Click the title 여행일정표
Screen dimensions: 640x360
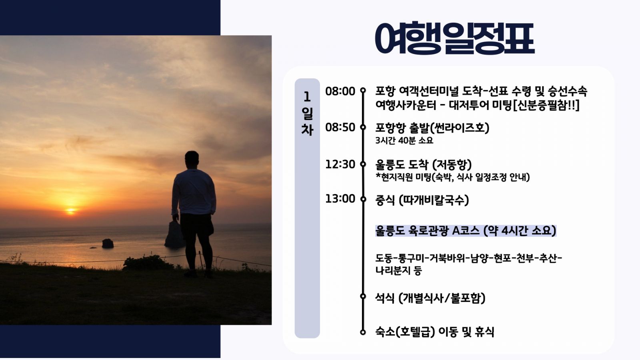[454, 38]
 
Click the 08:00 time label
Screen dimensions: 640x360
[340, 92]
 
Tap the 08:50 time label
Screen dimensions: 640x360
[340, 128]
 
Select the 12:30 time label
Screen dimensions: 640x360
[340, 164]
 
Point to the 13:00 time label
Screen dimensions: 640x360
[340, 199]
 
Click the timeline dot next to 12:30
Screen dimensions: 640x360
[363, 164]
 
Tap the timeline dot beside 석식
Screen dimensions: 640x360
[363, 296]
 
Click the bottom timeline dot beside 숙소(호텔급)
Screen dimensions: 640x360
[363, 332]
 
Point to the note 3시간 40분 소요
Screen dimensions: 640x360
[404, 140]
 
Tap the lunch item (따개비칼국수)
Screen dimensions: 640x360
[434, 200]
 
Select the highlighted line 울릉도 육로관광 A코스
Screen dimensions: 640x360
[427, 231]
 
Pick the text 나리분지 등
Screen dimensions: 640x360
[398, 270]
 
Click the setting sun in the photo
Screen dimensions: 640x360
[70, 211]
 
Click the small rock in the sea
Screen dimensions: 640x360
[108, 244]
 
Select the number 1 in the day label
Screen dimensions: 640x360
[307, 97]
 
